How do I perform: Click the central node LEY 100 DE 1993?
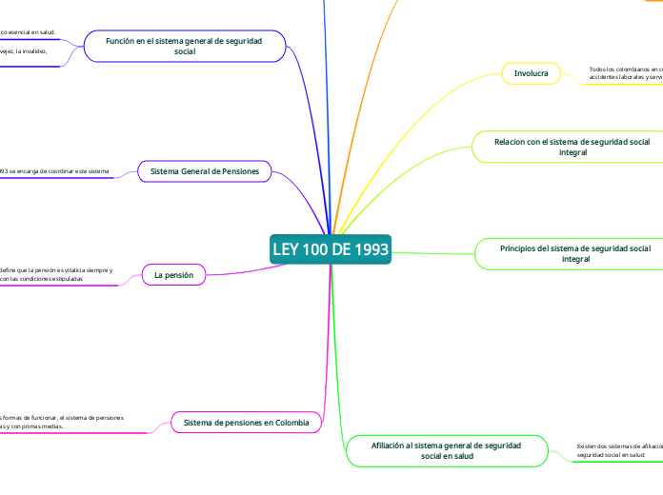331,249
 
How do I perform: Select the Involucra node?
531,73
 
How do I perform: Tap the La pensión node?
173,275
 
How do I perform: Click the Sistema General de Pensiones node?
205,171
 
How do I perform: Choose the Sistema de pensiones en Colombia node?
246,422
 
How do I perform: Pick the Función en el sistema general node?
185,46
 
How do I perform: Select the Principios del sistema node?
575,253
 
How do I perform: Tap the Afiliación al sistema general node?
446,450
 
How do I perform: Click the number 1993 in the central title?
369,249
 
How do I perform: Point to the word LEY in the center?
286,249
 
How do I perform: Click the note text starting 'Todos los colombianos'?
625,73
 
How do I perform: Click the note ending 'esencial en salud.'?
29,32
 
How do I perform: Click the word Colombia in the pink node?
291,422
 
